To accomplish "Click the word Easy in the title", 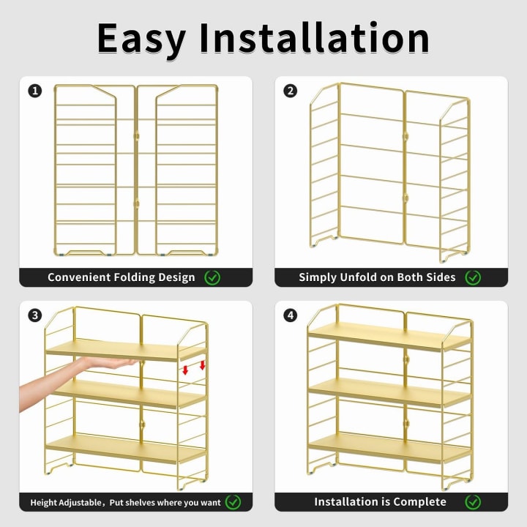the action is (141, 40).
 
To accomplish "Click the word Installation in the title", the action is (314, 37).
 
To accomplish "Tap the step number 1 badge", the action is (35, 91).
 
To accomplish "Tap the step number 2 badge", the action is (291, 91).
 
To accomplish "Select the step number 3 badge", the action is (35, 315).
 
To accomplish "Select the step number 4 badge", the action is (291, 315).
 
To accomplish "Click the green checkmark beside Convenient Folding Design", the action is (212, 277).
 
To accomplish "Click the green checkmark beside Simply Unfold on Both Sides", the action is (473, 277).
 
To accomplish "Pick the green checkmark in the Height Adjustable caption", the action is (233, 502).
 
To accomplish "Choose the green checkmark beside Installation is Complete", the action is (473, 502).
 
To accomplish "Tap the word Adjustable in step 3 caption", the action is (81, 503).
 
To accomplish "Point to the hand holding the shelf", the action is (78, 380).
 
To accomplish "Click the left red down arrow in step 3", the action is (185, 370).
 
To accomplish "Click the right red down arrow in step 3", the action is (202, 365).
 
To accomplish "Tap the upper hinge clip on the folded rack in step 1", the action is (136, 136).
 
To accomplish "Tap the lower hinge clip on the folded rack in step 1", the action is (136, 204).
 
